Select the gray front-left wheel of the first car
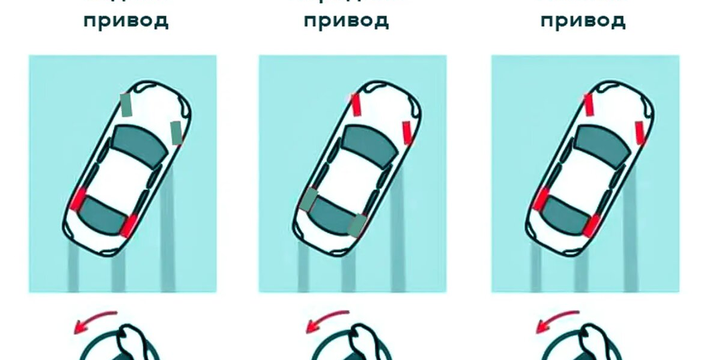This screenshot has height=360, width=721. tap(126, 105)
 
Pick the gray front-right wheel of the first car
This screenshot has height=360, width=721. tap(176, 133)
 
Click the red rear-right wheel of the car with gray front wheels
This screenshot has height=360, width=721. tap(128, 226)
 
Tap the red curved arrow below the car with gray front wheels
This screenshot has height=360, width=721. tap(93, 322)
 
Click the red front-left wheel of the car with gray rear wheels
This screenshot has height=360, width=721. tap(356, 105)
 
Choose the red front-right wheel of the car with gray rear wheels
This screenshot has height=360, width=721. tap(407, 133)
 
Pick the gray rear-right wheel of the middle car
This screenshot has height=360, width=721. tap(358, 225)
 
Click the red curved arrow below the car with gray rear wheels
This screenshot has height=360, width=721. tap(326, 322)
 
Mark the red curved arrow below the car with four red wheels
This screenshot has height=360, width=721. tap(557, 322)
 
